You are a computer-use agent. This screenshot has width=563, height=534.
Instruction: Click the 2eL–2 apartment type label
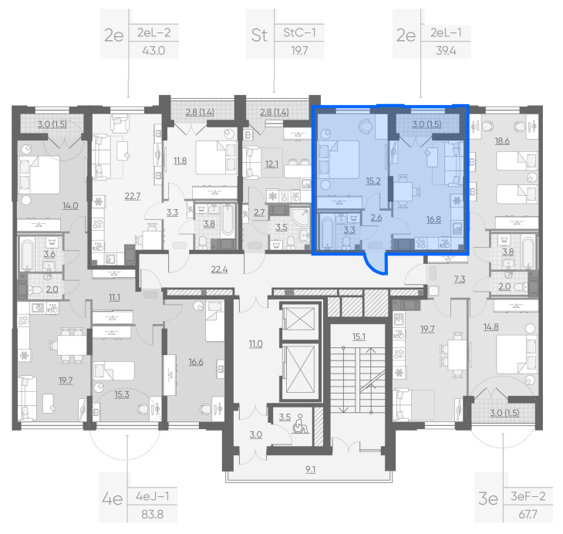click(x=153, y=32)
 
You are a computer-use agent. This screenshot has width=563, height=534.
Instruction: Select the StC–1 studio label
click(x=299, y=32)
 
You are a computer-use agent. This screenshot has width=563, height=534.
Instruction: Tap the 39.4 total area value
click(x=446, y=51)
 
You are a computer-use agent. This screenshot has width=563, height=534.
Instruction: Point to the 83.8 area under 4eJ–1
click(x=152, y=514)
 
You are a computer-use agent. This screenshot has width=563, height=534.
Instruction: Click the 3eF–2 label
click(x=528, y=496)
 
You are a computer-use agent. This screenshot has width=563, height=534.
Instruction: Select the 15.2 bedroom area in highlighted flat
click(x=373, y=181)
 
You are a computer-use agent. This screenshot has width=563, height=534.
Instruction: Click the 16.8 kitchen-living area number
click(x=433, y=219)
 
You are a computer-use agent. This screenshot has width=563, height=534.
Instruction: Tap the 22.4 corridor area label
click(x=219, y=269)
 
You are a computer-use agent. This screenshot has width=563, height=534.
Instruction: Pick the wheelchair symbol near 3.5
click(x=301, y=424)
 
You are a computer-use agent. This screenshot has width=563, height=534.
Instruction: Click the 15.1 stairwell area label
click(x=359, y=336)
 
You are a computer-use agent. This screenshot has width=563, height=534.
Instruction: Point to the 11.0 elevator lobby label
click(x=256, y=344)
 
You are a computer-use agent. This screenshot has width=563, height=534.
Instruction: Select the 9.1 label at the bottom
click(x=311, y=469)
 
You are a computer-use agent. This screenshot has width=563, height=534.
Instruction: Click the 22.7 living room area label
click(x=133, y=196)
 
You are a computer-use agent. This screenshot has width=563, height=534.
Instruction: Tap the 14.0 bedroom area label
click(x=70, y=205)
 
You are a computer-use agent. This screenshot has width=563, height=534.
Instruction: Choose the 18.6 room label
click(x=502, y=141)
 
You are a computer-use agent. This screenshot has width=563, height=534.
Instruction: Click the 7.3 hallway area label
click(x=460, y=279)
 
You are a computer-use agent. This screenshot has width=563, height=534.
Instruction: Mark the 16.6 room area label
click(x=196, y=362)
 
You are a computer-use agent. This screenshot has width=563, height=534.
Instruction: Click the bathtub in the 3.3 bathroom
click(x=327, y=232)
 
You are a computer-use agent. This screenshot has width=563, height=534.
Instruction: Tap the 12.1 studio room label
click(x=271, y=164)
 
